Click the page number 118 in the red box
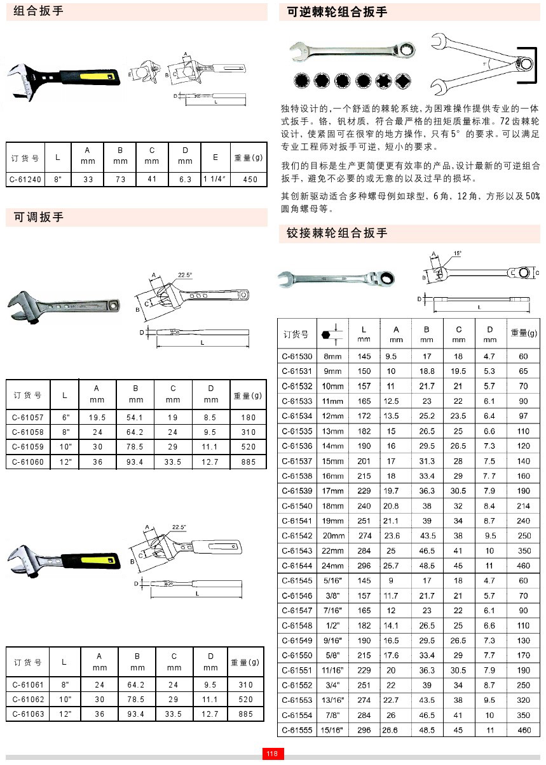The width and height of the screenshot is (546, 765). [x=272, y=754]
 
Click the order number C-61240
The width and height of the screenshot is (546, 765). [x=25, y=180]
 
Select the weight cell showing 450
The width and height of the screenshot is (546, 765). [x=250, y=180]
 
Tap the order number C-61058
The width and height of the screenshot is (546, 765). [x=29, y=432]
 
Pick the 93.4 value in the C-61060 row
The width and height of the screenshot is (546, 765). [x=136, y=462]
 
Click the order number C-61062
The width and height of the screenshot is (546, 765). [x=29, y=700]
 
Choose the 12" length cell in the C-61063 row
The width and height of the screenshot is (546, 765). [x=64, y=714]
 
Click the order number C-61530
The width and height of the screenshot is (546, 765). [x=297, y=357]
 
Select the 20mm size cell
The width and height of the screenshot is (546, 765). [x=332, y=536]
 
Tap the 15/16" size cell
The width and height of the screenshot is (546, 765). [x=332, y=731]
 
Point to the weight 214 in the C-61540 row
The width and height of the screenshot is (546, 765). [x=523, y=506]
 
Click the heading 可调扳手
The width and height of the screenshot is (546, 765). [x=39, y=218]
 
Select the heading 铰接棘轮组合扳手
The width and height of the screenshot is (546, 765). [x=337, y=233]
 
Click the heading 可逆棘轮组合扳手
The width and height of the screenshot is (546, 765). [x=337, y=11]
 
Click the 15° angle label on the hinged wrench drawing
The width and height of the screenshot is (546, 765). [x=457, y=253]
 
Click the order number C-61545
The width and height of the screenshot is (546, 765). [x=297, y=581]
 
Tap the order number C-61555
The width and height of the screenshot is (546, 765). [x=297, y=731]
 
